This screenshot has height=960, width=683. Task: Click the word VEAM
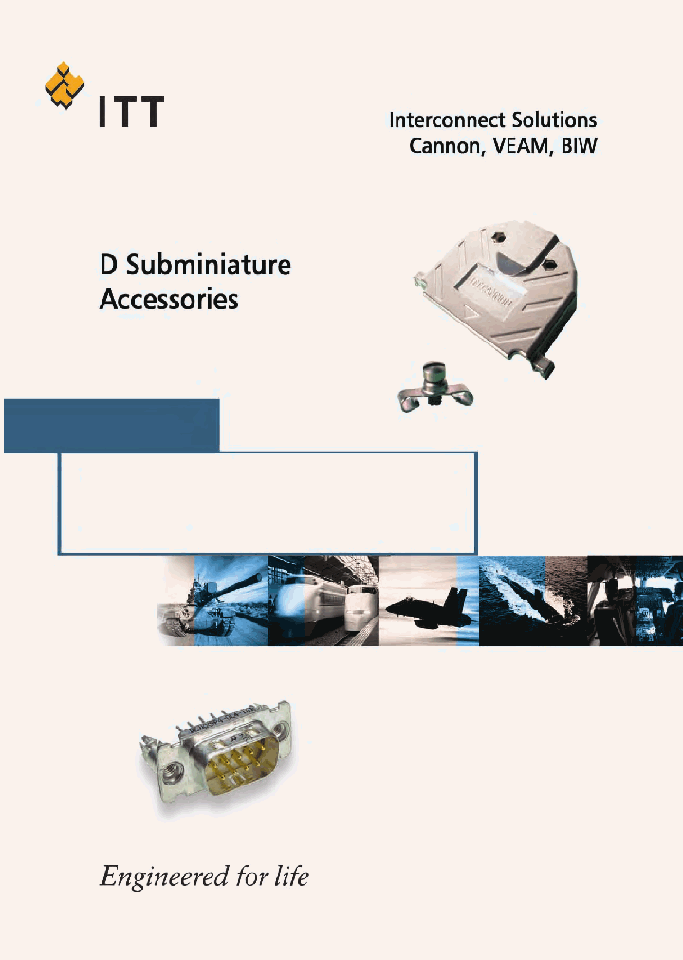point(520,146)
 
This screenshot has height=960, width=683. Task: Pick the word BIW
point(578,146)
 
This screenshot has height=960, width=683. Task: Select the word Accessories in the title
point(169,300)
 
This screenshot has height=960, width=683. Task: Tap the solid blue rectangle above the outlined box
point(112,425)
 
